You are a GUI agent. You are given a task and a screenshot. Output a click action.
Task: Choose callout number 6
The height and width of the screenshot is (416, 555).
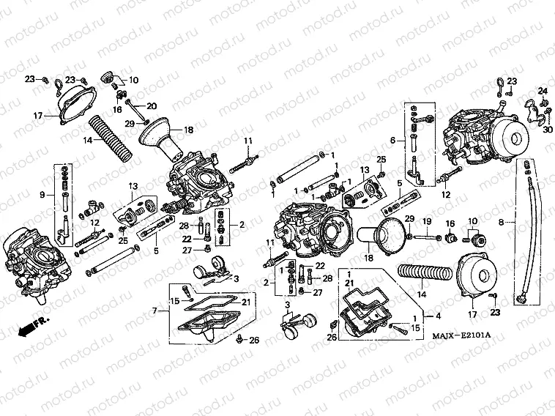(392, 141)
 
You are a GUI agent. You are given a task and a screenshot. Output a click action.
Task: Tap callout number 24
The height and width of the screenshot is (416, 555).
(543, 91)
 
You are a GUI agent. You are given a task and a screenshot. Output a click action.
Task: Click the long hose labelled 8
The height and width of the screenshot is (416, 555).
(527, 234)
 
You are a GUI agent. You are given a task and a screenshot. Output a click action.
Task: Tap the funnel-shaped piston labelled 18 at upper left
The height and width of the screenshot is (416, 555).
(163, 139)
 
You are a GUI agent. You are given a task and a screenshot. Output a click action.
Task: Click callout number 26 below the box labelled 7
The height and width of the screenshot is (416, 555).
(254, 340)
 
